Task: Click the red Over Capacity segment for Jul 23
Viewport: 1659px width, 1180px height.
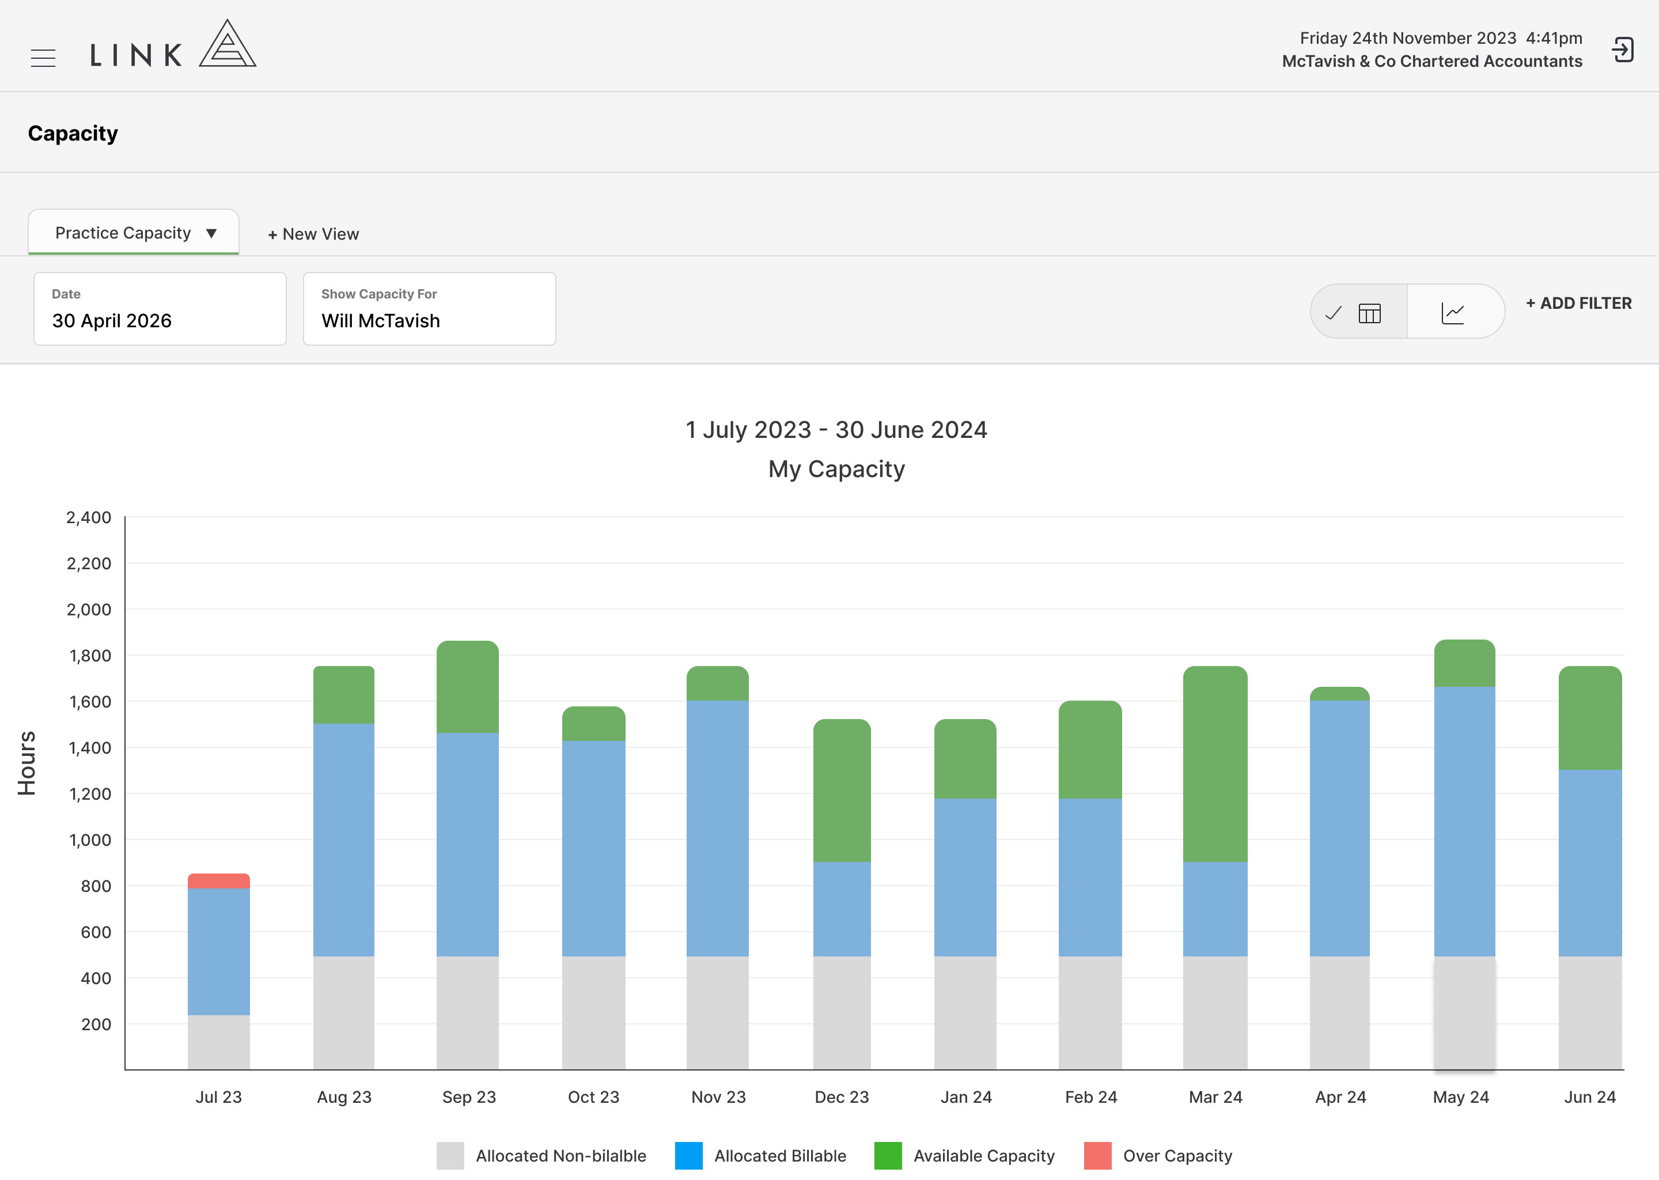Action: (219, 880)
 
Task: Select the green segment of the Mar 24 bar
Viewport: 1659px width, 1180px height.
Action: (1215, 763)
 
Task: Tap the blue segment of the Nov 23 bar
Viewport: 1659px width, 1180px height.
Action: (718, 829)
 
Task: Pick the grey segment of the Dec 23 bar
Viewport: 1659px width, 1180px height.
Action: (842, 1013)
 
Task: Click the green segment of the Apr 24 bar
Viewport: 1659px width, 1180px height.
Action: (1339, 694)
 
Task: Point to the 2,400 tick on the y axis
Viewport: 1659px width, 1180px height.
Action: (89, 517)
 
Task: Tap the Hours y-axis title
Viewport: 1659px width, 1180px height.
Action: (27, 763)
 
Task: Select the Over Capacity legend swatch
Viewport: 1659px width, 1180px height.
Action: (1097, 1155)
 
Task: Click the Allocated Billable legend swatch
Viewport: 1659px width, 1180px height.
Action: (688, 1155)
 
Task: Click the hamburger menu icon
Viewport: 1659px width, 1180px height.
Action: (43, 58)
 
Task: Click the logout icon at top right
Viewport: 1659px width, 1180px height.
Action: (1623, 50)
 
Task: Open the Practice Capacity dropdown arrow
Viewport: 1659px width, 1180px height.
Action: (211, 233)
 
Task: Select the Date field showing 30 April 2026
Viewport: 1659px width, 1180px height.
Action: (160, 309)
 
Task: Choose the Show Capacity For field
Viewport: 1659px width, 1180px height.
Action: (429, 309)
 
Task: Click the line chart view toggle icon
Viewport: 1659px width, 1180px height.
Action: (1453, 313)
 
